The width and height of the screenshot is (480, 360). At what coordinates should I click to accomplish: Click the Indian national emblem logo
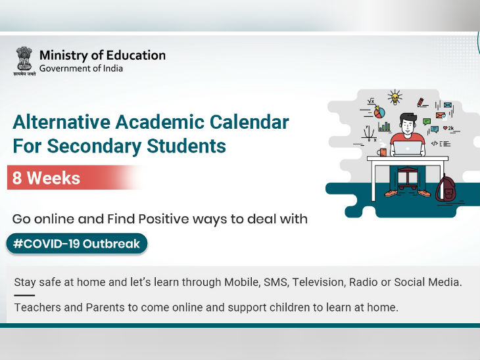coord(24,60)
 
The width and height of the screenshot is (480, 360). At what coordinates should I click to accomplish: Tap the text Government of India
coord(81,68)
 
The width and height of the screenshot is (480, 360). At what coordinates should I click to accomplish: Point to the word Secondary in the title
coord(94,146)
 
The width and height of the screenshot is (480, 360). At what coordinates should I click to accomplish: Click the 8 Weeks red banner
coord(74,178)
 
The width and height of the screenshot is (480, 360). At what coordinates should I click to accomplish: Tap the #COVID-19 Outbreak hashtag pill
coord(76,244)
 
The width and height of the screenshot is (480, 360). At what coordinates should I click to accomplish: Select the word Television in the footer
coord(318,282)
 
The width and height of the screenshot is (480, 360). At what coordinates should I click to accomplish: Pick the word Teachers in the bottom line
coord(37,307)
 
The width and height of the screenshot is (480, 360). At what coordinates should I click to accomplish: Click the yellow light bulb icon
coord(395,98)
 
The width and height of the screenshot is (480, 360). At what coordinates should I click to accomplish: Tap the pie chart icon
coord(379,112)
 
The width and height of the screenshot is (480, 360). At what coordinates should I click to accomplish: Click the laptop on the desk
coord(408,148)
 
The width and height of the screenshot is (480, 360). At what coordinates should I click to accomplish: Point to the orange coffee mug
coord(382,152)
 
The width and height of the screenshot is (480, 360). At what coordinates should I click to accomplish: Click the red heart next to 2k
coord(445,128)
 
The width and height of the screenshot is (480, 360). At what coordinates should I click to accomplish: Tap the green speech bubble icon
coord(427,122)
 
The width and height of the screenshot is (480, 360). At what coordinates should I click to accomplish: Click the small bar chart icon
coord(384,127)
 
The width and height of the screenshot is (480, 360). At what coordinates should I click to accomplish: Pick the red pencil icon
coord(421,102)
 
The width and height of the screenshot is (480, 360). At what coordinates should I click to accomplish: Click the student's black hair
coord(408,118)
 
